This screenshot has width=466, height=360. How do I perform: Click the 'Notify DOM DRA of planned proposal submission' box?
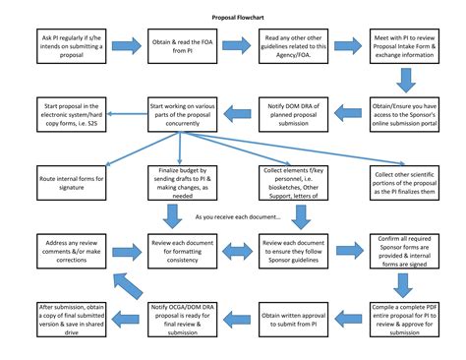click(x=296, y=112)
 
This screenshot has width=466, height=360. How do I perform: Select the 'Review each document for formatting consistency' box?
click(x=183, y=250)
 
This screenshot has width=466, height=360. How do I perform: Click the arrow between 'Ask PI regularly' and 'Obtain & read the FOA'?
click(x=126, y=46)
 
